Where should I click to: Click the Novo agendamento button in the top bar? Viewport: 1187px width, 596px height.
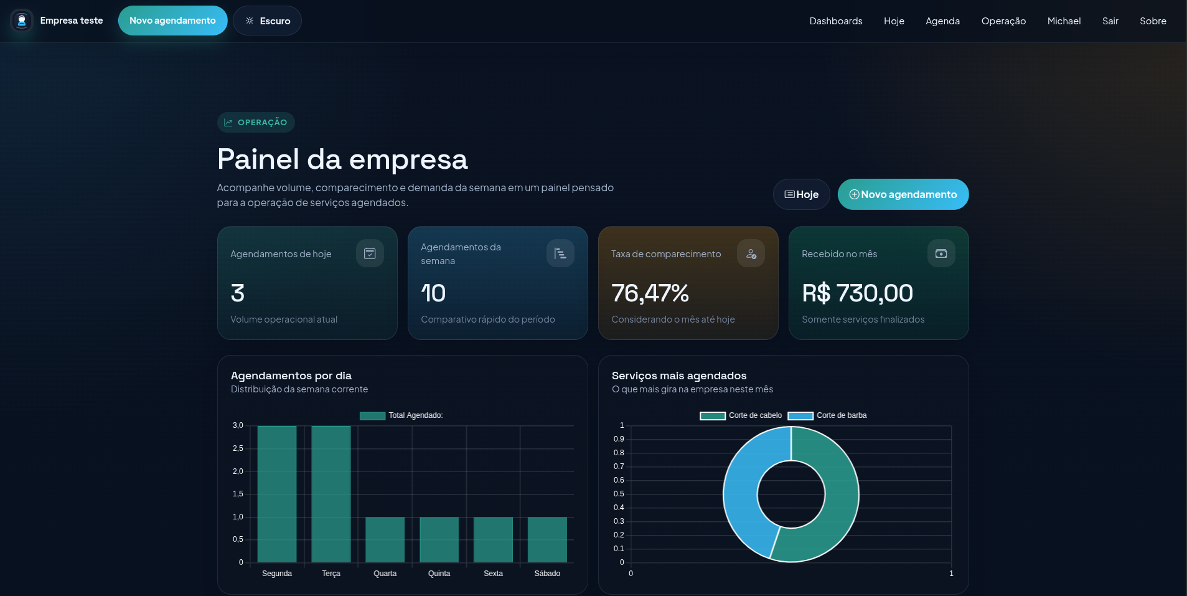[x=172, y=21]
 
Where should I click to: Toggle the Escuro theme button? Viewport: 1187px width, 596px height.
[x=267, y=21]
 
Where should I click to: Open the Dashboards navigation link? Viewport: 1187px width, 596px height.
[x=835, y=21]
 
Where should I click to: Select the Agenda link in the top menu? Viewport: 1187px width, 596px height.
[x=942, y=21]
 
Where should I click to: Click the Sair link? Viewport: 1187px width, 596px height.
[x=1110, y=21]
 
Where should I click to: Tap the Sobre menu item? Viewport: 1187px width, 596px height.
[x=1153, y=21]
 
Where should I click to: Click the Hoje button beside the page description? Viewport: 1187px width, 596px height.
[x=801, y=194]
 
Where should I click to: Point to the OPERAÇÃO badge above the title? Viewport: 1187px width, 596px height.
[x=256, y=123]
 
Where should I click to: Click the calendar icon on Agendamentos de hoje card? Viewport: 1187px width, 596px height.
[x=370, y=253]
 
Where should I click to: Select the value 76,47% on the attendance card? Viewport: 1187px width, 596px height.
[x=650, y=293]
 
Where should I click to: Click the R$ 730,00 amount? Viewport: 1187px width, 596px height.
[x=857, y=293]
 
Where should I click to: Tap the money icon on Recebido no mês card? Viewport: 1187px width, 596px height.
[x=941, y=253]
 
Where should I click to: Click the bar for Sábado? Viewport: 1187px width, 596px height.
[x=547, y=539]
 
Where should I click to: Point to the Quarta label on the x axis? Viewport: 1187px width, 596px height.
[x=385, y=574]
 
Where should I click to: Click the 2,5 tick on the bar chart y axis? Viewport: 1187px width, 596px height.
[x=238, y=448]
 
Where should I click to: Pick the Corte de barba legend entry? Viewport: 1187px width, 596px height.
[x=828, y=415]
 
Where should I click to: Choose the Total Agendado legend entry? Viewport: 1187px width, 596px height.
[x=401, y=415]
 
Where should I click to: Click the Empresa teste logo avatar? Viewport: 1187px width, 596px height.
[x=22, y=21]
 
